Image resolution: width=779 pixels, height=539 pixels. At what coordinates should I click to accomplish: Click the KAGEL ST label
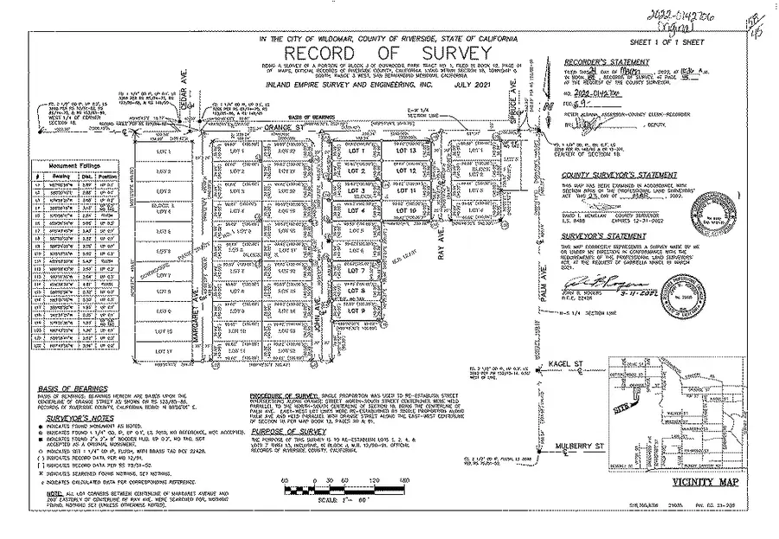pos(565,366)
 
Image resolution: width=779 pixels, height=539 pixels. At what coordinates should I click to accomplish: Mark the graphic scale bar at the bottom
pos(345,487)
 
